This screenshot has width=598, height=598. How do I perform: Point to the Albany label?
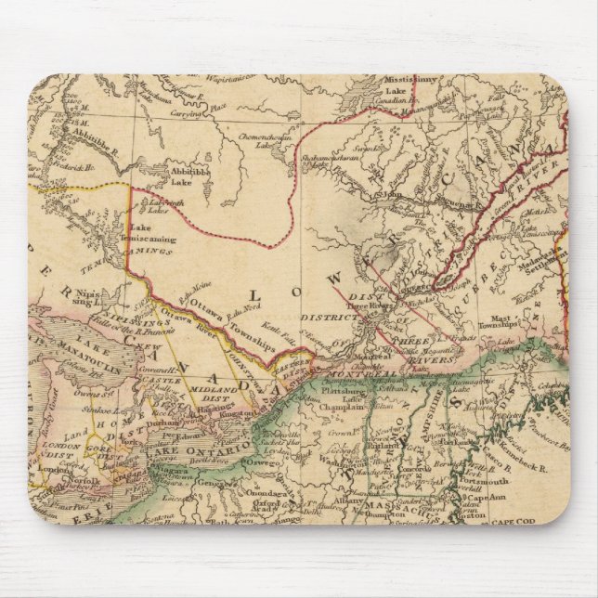[339, 500]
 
